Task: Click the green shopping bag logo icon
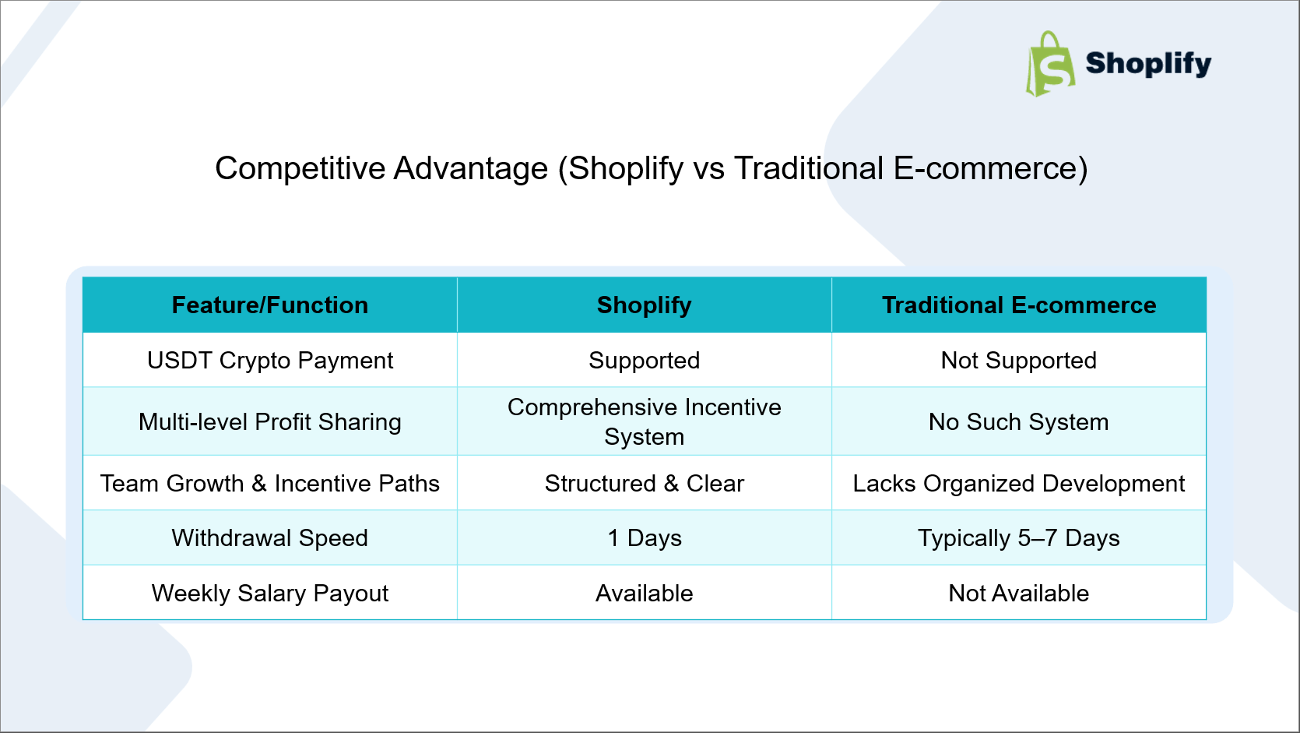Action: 1050,64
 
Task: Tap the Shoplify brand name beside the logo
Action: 1148,64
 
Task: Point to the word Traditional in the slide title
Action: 809,168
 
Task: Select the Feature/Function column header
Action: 270,305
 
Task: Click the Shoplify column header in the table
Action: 645,305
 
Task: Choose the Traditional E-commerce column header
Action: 1019,305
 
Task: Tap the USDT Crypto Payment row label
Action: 270,361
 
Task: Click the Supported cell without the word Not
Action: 645,361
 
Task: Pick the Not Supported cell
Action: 1019,361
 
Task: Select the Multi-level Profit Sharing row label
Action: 270,421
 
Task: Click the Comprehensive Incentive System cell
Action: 645,421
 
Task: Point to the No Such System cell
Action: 1019,421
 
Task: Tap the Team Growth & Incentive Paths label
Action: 270,483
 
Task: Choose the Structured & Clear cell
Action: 645,483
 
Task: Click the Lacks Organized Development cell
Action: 1019,483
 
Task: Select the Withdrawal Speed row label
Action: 270,537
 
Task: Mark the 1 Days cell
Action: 645,537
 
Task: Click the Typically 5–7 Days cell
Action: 1019,537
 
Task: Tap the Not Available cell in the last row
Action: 1019,593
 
